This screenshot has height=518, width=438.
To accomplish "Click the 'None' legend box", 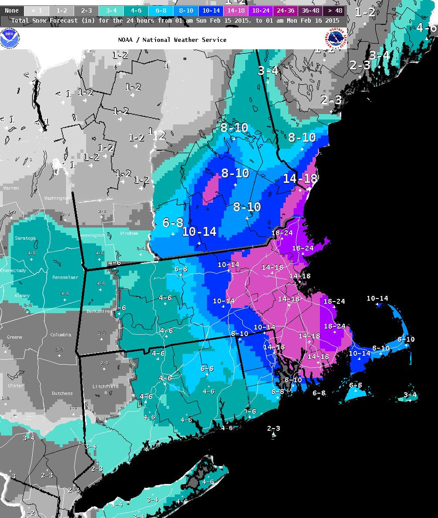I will tap(12, 10).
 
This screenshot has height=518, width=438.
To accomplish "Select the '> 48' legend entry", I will tap(335, 10).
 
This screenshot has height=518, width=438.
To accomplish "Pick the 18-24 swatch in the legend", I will tap(261, 10).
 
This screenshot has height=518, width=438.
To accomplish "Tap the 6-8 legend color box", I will tap(161, 10).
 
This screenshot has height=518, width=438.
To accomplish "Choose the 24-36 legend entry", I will tap(285, 10).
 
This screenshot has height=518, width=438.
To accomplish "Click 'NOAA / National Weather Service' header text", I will tap(172, 40).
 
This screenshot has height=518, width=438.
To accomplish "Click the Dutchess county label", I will tap(62, 393).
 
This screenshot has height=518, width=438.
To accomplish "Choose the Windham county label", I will tap(129, 233).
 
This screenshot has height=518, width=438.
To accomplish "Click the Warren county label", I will tap(11, 189).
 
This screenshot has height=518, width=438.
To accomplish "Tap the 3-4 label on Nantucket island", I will tap(410, 395).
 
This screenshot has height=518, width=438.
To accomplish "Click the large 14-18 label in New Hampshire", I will tap(300, 178).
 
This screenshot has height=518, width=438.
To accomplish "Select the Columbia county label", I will tap(61, 335).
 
